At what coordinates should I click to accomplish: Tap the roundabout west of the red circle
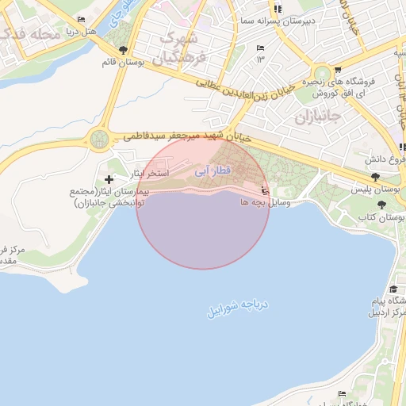coord(99,140)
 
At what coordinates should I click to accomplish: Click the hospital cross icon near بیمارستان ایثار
coord(109,180)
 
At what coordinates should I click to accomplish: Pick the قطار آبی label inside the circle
coord(213,170)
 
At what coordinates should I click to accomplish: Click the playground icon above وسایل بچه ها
coord(265,190)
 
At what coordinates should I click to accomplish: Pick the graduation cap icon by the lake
coord(393,289)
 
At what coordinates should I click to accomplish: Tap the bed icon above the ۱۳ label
coord(260,48)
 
